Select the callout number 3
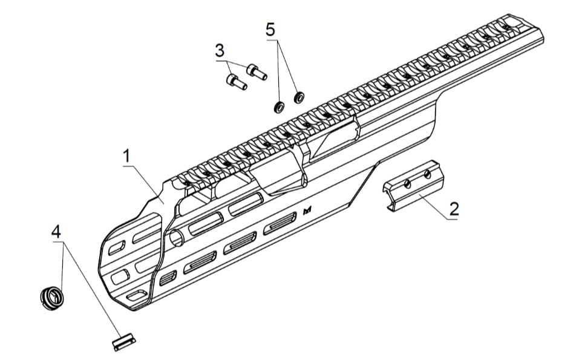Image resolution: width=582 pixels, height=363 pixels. [219, 51]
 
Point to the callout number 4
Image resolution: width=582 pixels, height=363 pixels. [56, 232]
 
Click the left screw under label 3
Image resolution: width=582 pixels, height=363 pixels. [235, 81]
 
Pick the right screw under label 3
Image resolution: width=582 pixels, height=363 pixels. [257, 72]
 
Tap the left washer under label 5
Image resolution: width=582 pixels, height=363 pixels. [279, 108]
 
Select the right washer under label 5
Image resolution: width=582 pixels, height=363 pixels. [298, 97]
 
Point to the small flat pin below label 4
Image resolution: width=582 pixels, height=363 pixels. [124, 342]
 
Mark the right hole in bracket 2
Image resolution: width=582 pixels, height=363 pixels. [427, 175]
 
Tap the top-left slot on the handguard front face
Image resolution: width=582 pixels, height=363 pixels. [115, 247]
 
